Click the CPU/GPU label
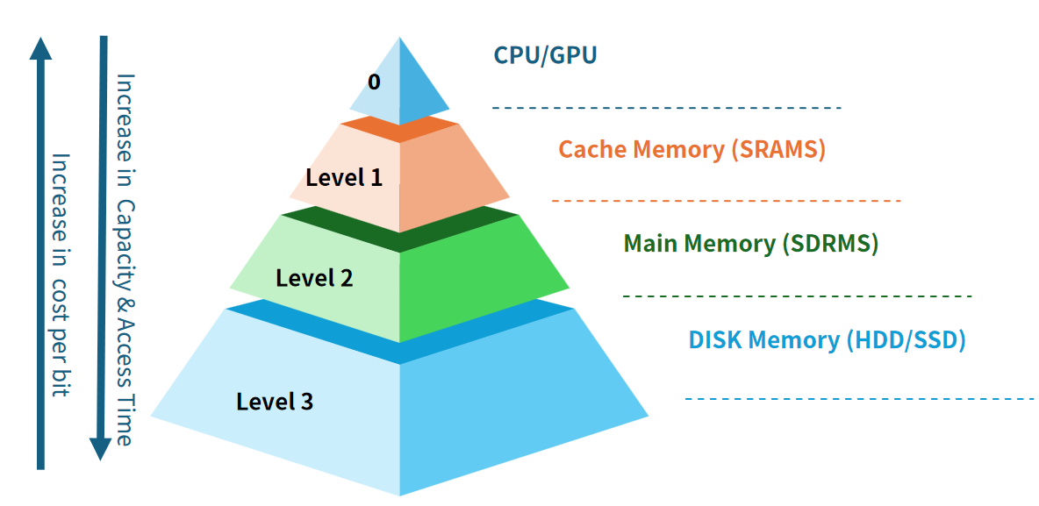pyautogui.click(x=545, y=56)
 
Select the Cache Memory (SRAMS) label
pyautogui.click(x=691, y=149)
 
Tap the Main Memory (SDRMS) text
pyautogui.click(x=750, y=243)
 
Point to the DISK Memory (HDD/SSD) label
pyautogui.click(x=827, y=340)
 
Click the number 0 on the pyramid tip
pyautogui.click(x=374, y=82)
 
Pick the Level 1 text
pyautogui.click(x=344, y=177)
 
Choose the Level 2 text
pyautogui.click(x=314, y=279)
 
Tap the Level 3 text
pyautogui.click(x=275, y=403)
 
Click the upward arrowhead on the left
pyautogui.click(x=40, y=47)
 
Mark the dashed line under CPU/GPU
pyautogui.click(x=666, y=108)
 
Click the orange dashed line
pyautogui.click(x=726, y=202)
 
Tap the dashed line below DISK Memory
pyautogui.click(x=859, y=400)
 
